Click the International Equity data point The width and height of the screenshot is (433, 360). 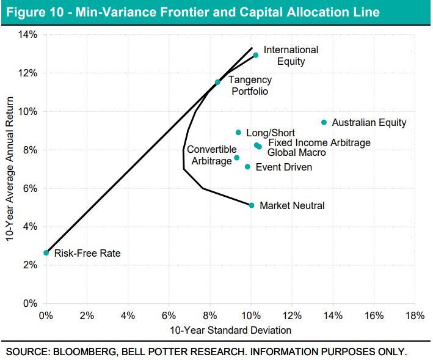point(255,55)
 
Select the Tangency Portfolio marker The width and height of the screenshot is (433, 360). point(217,82)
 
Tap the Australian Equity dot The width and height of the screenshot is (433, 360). point(324,122)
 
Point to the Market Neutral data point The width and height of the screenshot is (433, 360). point(252,205)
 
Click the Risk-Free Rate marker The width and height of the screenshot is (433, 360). point(46,252)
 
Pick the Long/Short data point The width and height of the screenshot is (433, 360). point(238,133)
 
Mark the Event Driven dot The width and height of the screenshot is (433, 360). point(247,167)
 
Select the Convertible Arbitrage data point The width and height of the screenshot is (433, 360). point(237,158)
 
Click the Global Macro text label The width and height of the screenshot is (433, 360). point(297,153)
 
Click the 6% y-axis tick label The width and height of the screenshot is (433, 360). point(31,188)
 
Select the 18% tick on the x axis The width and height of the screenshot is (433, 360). point(415,315)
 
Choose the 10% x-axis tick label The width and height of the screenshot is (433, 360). point(250,315)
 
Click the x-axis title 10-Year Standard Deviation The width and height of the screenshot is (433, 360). point(230,330)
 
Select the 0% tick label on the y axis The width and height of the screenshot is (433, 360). point(31,303)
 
